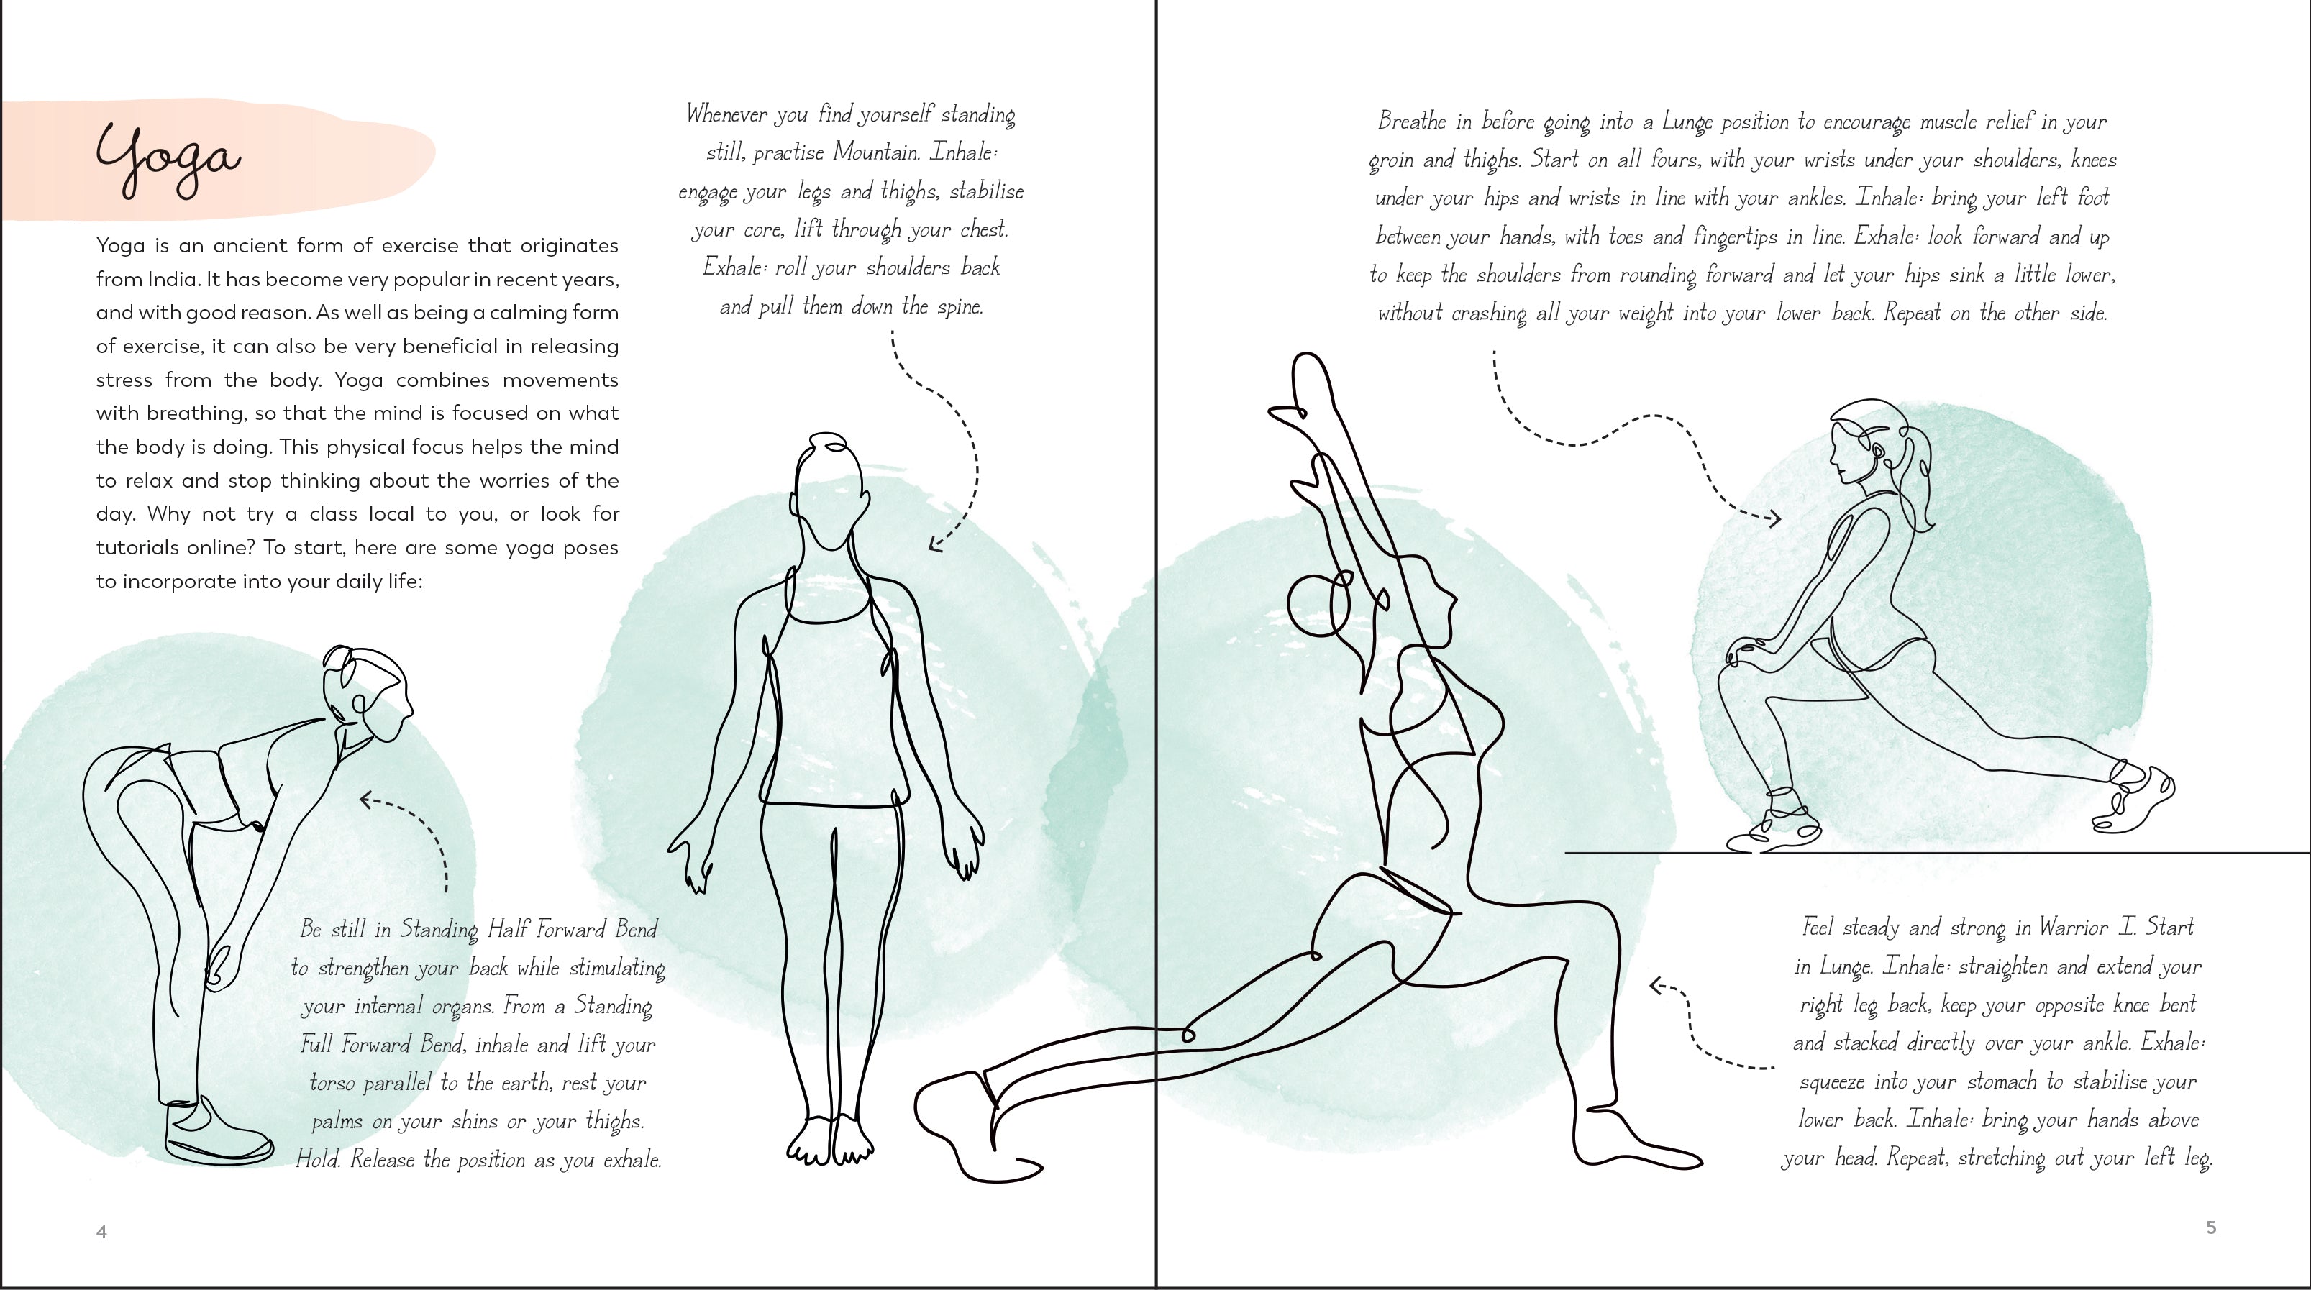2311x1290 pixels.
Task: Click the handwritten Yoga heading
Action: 168,160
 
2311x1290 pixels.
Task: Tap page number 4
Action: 101,1232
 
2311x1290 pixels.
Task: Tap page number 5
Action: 2212,1227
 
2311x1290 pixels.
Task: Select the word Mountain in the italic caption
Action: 875,152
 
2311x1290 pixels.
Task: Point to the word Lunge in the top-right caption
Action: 1687,123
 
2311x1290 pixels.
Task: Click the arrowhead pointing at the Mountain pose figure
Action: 935,542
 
